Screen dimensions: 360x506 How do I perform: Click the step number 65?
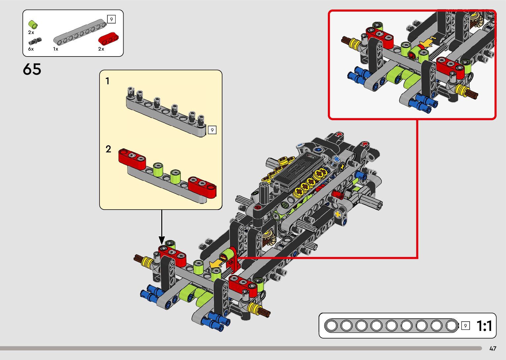tap(32, 69)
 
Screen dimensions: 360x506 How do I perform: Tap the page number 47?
tap(493, 349)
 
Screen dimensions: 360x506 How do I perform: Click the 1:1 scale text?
tap(485, 326)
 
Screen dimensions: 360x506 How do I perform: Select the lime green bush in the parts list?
tap(33, 24)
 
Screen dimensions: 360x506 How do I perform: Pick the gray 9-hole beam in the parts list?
tap(80, 32)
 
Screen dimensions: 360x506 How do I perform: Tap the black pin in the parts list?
tap(35, 41)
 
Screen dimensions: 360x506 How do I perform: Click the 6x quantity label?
tap(31, 49)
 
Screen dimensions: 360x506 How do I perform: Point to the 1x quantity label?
tap(56, 49)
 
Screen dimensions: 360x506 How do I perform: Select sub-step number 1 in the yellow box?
tap(107, 81)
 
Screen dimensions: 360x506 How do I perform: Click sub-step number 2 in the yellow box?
tap(108, 149)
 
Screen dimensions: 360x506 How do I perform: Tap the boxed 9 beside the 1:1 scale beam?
tap(465, 326)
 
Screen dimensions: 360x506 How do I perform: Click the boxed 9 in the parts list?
tap(111, 20)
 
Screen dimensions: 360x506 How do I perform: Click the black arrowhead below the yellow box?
tap(162, 240)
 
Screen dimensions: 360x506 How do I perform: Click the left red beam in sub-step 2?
tap(132, 159)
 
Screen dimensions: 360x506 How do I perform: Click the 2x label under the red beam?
tap(101, 49)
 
